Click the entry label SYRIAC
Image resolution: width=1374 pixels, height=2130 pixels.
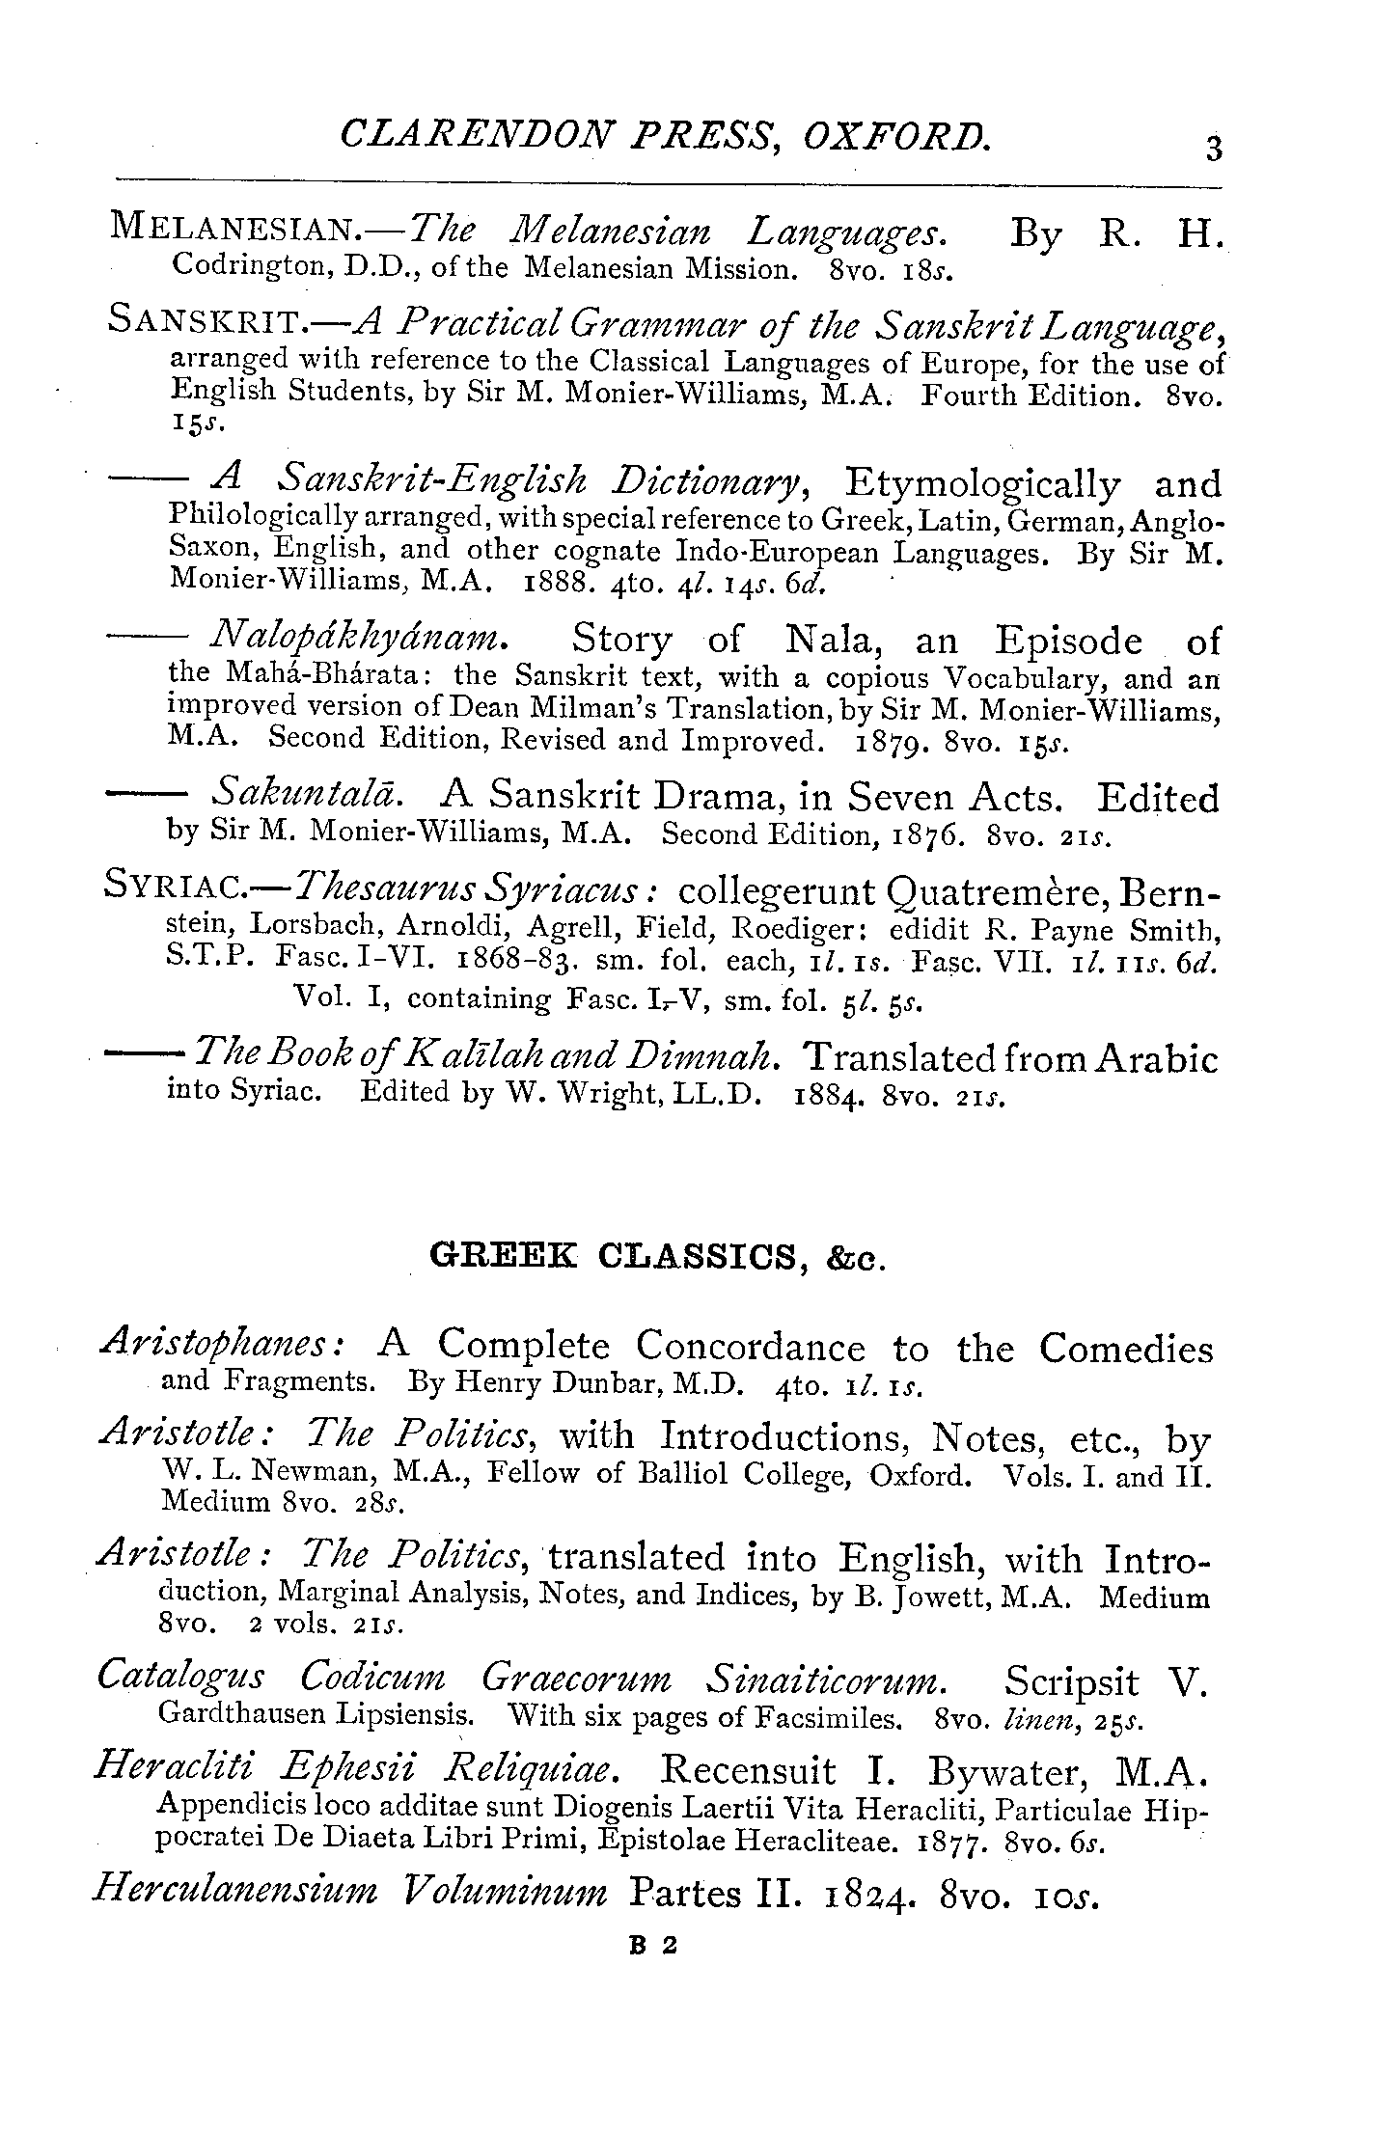178,886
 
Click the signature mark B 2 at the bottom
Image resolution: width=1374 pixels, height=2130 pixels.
653,1946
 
